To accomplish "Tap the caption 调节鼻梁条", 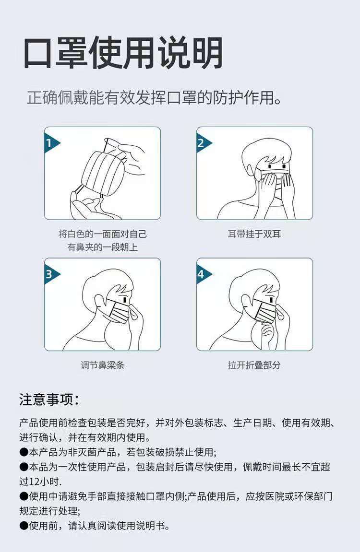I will (102, 365).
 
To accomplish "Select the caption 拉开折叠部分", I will (254, 365).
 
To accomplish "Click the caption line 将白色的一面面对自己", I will (102, 235).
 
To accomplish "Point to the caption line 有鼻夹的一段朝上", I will (102, 248).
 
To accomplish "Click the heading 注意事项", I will (48, 399).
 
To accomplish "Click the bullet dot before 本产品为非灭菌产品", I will (24, 453).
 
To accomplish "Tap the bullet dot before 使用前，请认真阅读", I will (24, 526).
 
